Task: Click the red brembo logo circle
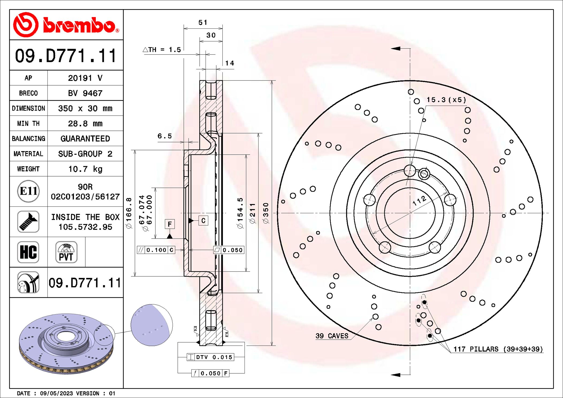pyautogui.click(x=26, y=25)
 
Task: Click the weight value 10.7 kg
pyautogui.click(x=85, y=169)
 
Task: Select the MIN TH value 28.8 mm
pyautogui.click(x=85, y=124)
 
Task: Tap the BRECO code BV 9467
pyautogui.click(x=85, y=93)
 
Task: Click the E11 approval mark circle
pyautogui.click(x=28, y=191)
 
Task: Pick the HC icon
pyautogui.click(x=28, y=252)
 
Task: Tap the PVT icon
pyautogui.click(x=66, y=252)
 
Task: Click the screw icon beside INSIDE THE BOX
pyautogui.click(x=28, y=222)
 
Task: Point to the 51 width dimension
pyautogui.click(x=203, y=23)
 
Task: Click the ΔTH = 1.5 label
pyautogui.click(x=162, y=50)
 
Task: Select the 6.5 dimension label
pyautogui.click(x=164, y=136)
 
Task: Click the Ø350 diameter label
pyautogui.click(x=265, y=213)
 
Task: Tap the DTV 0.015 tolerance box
pyautogui.click(x=210, y=357)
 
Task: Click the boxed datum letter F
pyautogui.click(x=170, y=224)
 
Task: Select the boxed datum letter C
pyautogui.click(x=203, y=221)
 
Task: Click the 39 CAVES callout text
pyautogui.click(x=332, y=336)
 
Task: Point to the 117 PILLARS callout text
pyautogui.click(x=498, y=349)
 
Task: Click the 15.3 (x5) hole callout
pyautogui.click(x=446, y=100)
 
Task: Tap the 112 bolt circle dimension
pyautogui.click(x=419, y=200)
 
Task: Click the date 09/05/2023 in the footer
pyautogui.click(x=56, y=393)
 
